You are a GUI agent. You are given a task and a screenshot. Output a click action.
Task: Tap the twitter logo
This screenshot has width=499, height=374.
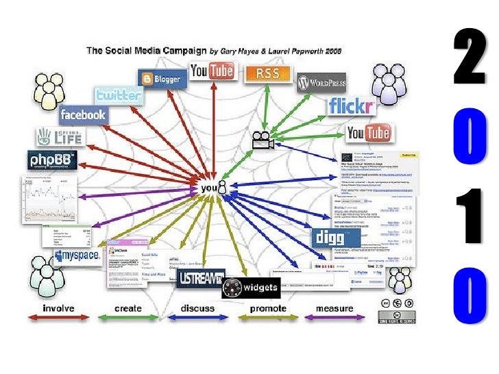pyautogui.click(x=119, y=95)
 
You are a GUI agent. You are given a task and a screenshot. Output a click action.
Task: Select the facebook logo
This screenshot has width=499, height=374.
pyautogui.click(x=82, y=114)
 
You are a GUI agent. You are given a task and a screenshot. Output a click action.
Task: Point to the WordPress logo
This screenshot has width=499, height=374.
pyautogui.click(x=321, y=84)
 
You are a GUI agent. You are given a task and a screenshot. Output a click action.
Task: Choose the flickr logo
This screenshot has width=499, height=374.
pyautogui.click(x=350, y=106)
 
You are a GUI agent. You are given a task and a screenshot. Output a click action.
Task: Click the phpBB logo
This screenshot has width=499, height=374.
pyautogui.click(x=51, y=161)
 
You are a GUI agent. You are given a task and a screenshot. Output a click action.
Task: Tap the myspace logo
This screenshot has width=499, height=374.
pyautogui.click(x=77, y=258)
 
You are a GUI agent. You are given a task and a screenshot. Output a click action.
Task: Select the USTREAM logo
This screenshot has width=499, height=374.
pyautogui.click(x=201, y=278)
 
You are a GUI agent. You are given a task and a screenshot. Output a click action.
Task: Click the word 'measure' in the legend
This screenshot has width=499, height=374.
pyautogui.click(x=334, y=308)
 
